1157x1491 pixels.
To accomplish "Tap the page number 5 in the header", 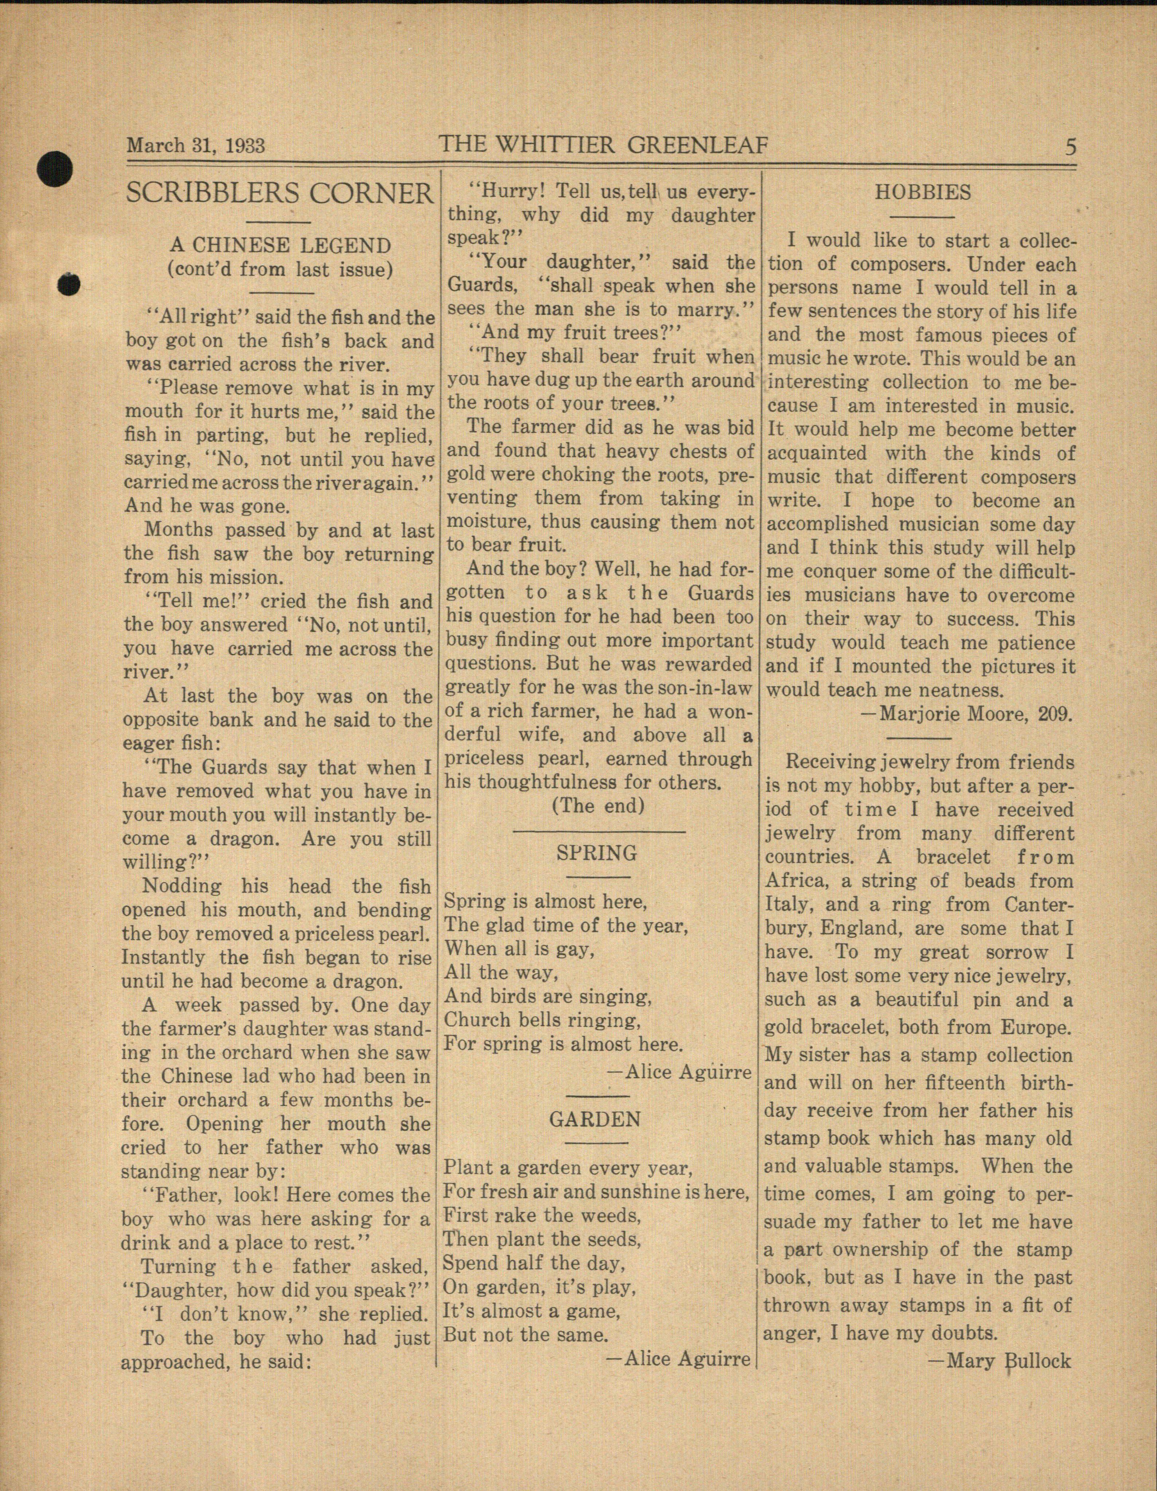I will (x=1070, y=147).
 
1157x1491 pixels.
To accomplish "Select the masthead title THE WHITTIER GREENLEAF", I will (x=603, y=145).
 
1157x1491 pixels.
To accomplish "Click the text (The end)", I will (x=598, y=805).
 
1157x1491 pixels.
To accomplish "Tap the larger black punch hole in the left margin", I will (x=55, y=168).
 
